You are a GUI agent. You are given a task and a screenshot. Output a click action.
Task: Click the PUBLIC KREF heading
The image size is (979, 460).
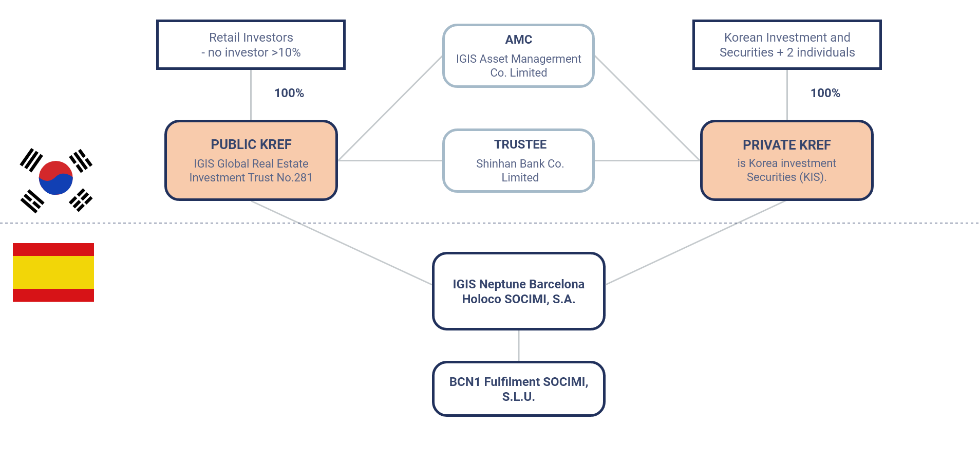tap(251, 144)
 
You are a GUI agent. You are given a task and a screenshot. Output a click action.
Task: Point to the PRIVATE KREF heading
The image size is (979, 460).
tap(787, 145)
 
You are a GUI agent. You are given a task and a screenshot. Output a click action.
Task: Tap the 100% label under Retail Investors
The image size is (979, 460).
tap(289, 93)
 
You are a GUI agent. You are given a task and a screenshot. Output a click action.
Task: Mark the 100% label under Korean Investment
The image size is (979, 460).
tap(825, 93)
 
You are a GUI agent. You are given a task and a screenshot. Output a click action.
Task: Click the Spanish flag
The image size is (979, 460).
tap(53, 272)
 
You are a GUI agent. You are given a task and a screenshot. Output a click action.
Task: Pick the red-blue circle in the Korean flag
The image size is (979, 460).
tap(56, 178)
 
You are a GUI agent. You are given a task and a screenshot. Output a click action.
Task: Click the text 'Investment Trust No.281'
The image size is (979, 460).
tap(251, 177)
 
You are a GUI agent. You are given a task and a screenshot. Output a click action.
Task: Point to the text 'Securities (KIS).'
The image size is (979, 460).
tap(786, 177)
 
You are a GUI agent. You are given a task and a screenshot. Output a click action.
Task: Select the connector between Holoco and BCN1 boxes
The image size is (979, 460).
tap(519, 345)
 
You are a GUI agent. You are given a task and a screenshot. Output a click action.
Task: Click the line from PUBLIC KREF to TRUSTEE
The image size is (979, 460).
tap(390, 160)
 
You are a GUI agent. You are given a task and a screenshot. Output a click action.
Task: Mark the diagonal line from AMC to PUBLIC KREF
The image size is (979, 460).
tap(390, 108)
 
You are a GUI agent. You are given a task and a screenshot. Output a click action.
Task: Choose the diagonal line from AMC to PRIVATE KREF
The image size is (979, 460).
tap(648, 108)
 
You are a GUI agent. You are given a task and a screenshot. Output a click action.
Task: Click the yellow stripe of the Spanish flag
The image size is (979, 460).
tap(53, 272)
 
